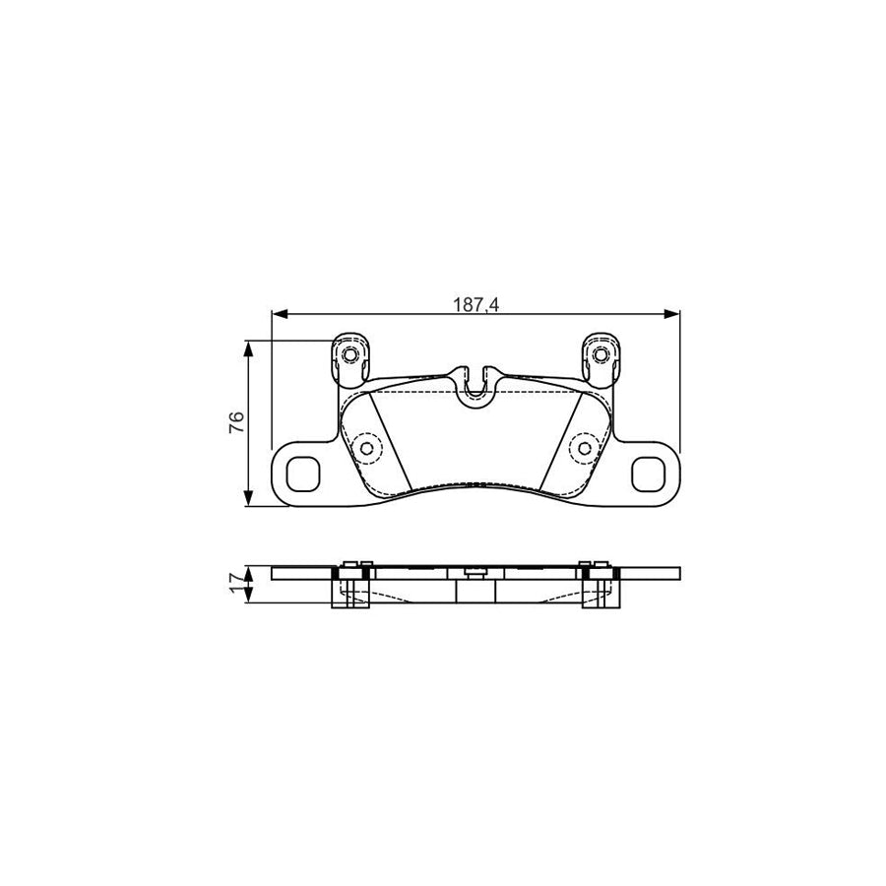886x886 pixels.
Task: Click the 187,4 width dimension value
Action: (x=475, y=304)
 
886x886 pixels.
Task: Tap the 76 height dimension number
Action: (x=236, y=423)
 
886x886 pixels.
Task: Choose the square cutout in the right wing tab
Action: (x=650, y=475)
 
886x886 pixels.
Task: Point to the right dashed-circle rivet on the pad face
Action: (x=585, y=449)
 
